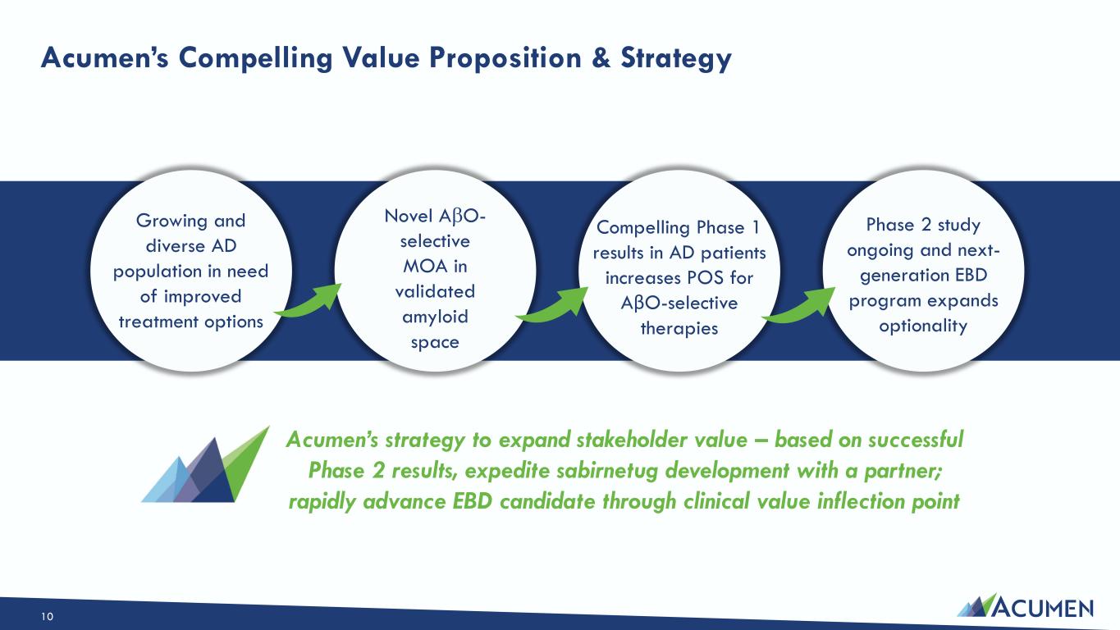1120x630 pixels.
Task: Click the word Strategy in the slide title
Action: [x=676, y=58]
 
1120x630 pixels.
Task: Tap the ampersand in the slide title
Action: [x=601, y=57]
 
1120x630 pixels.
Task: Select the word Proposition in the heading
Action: [x=505, y=58]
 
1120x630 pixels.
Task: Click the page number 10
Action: [x=47, y=617]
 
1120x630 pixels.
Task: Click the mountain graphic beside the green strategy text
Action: [x=205, y=464]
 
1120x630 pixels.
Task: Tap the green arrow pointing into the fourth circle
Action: [x=798, y=305]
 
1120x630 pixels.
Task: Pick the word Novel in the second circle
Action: [x=408, y=216]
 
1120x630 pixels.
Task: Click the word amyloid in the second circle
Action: [x=435, y=317]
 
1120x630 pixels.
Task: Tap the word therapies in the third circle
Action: [x=679, y=328]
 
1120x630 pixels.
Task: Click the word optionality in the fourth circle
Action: [x=923, y=326]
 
